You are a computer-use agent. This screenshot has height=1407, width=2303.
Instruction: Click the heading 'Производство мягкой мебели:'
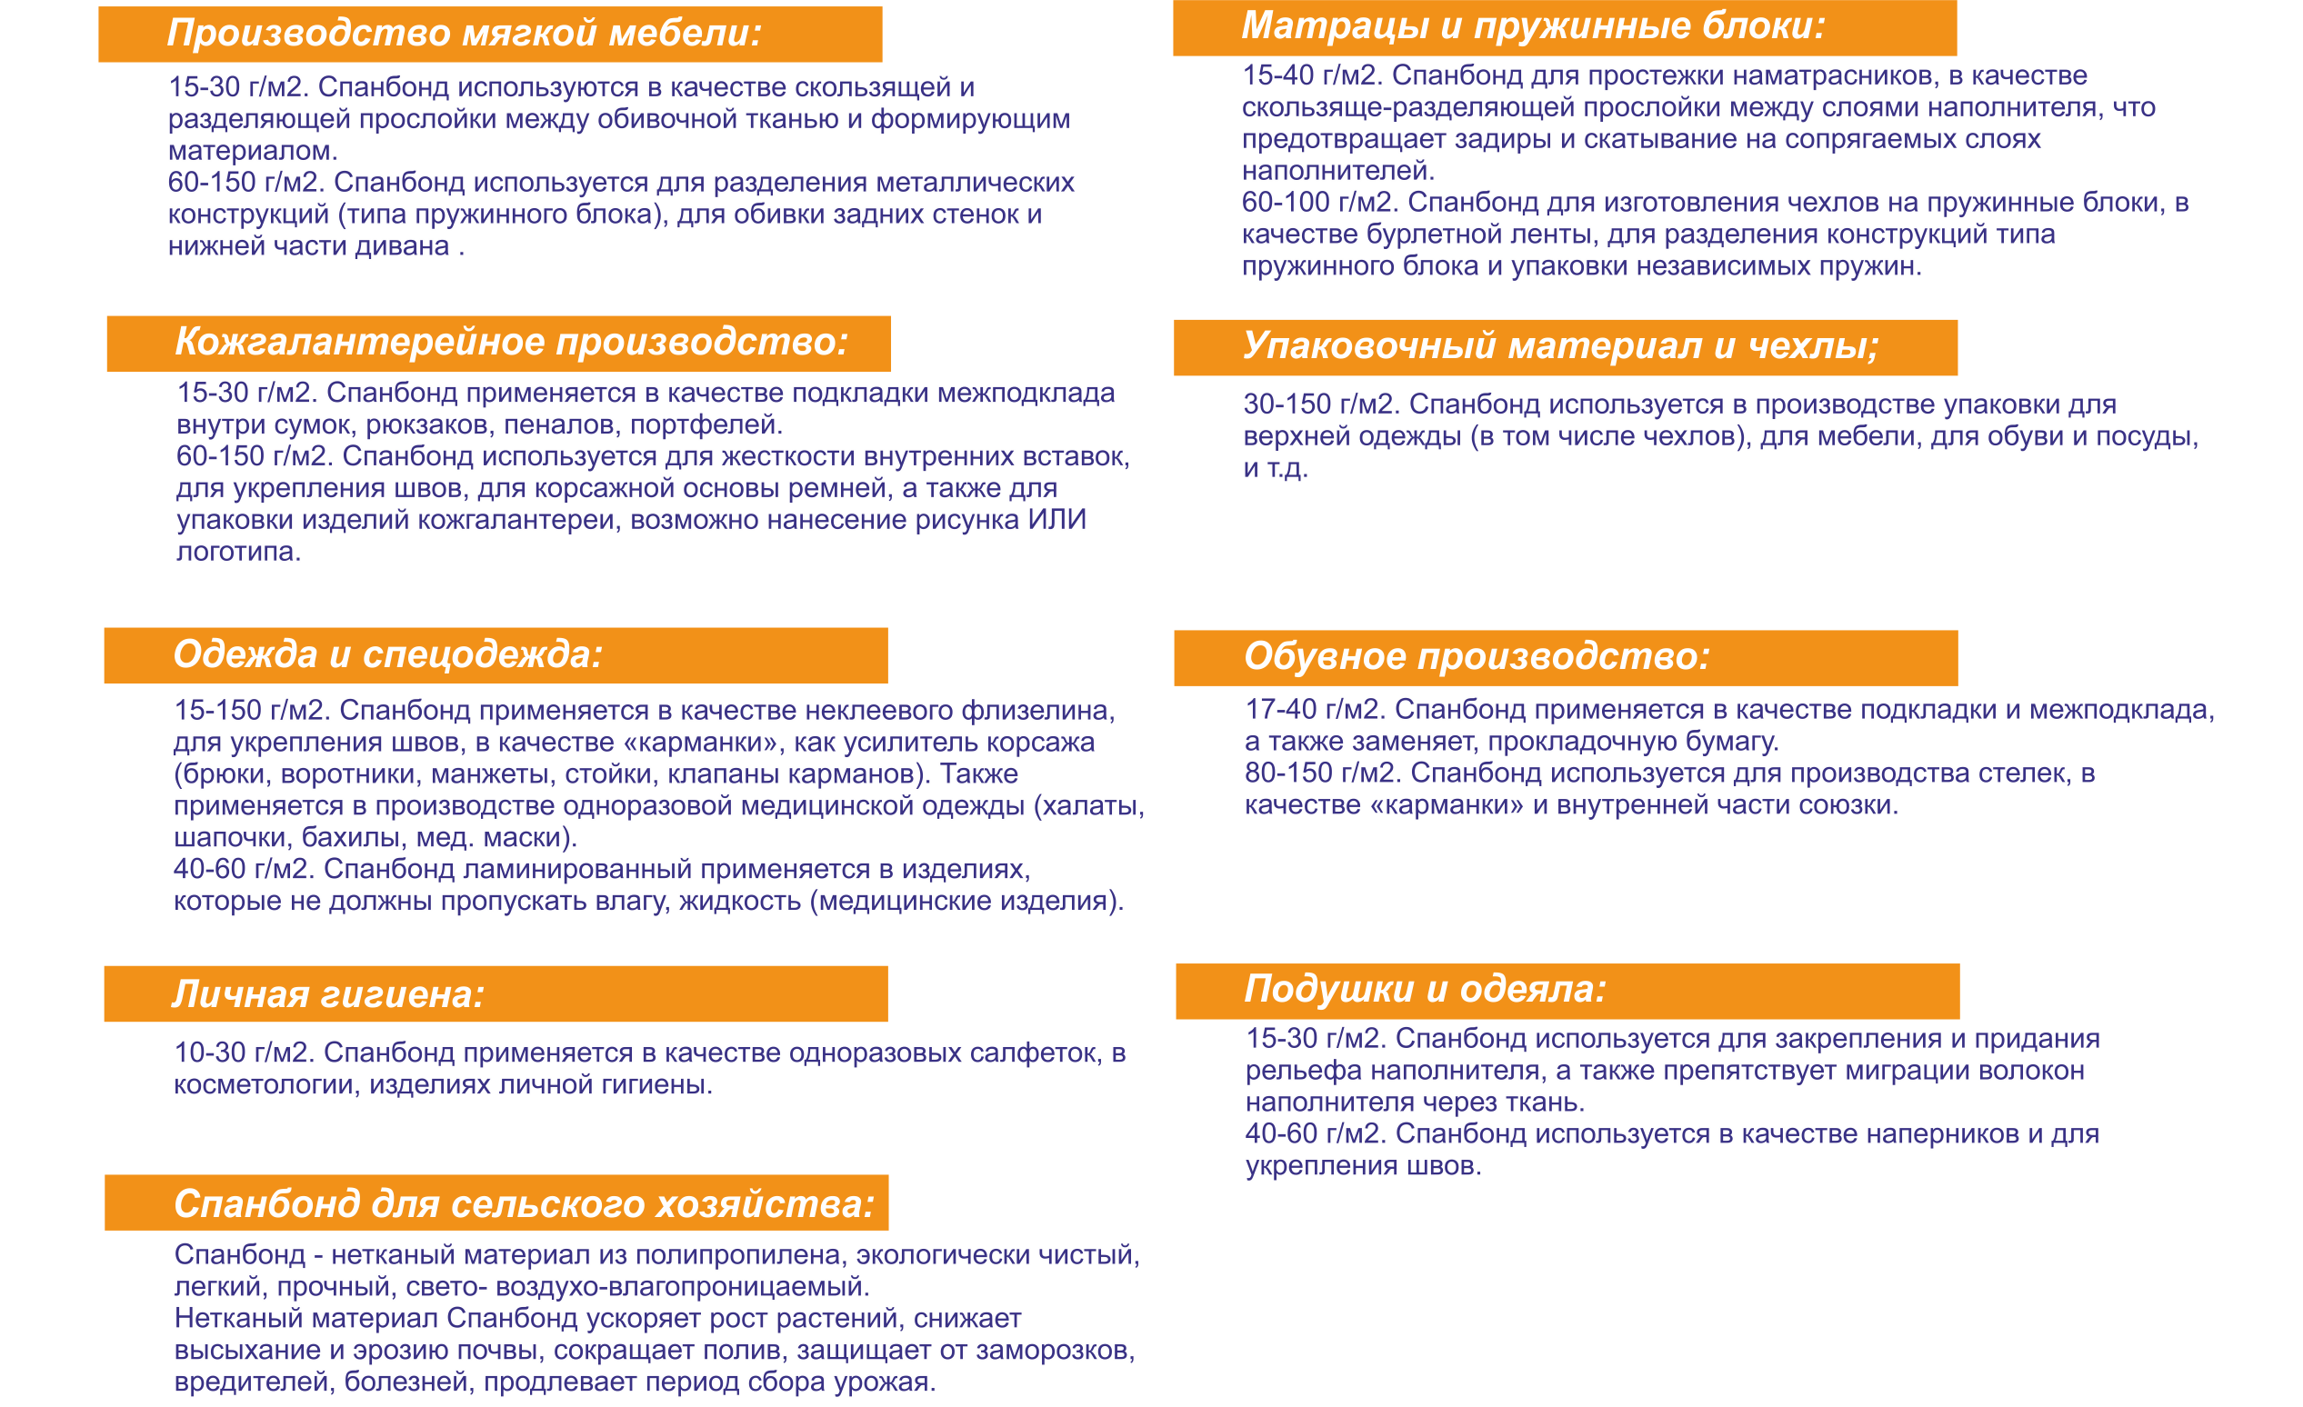[x=465, y=34]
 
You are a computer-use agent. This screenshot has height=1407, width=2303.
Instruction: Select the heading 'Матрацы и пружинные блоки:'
[x=1533, y=26]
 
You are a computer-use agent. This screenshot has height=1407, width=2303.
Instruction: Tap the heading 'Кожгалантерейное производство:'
[x=511, y=342]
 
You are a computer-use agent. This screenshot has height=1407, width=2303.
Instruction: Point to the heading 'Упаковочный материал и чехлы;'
[x=1560, y=345]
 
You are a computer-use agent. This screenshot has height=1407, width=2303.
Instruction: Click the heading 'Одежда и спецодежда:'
[x=388, y=654]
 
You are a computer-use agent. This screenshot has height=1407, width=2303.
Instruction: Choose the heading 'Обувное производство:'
[x=1477, y=656]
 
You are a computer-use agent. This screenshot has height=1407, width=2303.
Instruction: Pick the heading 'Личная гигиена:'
[x=328, y=994]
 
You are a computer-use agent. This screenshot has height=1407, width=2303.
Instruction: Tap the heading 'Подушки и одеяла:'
[x=1426, y=989]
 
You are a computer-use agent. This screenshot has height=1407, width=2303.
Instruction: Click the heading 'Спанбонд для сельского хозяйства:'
[x=525, y=1203]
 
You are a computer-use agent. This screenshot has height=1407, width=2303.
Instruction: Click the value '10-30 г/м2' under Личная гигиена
[x=241, y=1053]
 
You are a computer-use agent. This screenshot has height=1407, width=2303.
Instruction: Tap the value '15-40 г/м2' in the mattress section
[x=1308, y=75]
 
